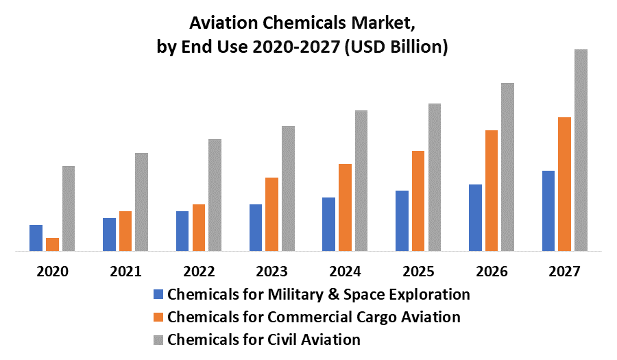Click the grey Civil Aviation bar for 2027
point(581,150)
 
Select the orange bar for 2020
point(52,244)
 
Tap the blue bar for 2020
point(36,238)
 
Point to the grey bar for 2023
point(288,189)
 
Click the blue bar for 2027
point(548,211)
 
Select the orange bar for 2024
point(345,207)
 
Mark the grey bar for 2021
point(141,202)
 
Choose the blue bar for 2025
point(402,221)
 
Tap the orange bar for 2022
point(199,228)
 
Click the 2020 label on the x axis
point(53,271)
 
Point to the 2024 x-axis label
point(345,271)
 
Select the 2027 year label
point(565,271)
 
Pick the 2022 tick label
point(199,271)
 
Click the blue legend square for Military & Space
point(158,295)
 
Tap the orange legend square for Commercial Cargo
point(158,317)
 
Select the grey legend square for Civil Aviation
point(158,339)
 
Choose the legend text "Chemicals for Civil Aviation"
point(264,339)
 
